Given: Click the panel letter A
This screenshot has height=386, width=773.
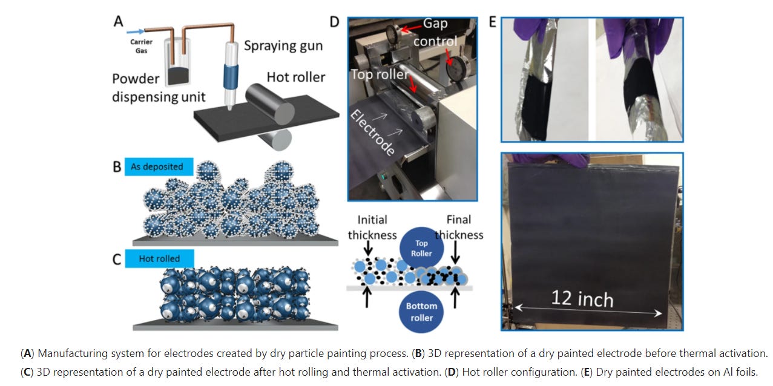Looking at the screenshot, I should (x=118, y=22).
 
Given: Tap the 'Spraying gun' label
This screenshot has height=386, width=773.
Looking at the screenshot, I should (x=283, y=46).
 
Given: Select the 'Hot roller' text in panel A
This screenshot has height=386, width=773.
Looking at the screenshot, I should (x=295, y=77).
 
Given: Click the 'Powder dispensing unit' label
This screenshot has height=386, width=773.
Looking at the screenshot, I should (x=159, y=88).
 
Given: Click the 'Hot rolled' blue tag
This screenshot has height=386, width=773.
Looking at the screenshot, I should (x=159, y=259).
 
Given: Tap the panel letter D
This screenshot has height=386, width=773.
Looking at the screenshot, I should (x=334, y=22).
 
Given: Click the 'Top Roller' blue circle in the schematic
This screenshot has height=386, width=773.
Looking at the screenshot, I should (x=421, y=248).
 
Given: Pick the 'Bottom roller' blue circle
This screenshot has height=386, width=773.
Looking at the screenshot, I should (x=421, y=312).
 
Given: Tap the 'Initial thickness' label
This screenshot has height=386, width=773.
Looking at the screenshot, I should (x=372, y=227).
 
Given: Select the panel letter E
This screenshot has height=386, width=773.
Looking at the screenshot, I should (x=492, y=22).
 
